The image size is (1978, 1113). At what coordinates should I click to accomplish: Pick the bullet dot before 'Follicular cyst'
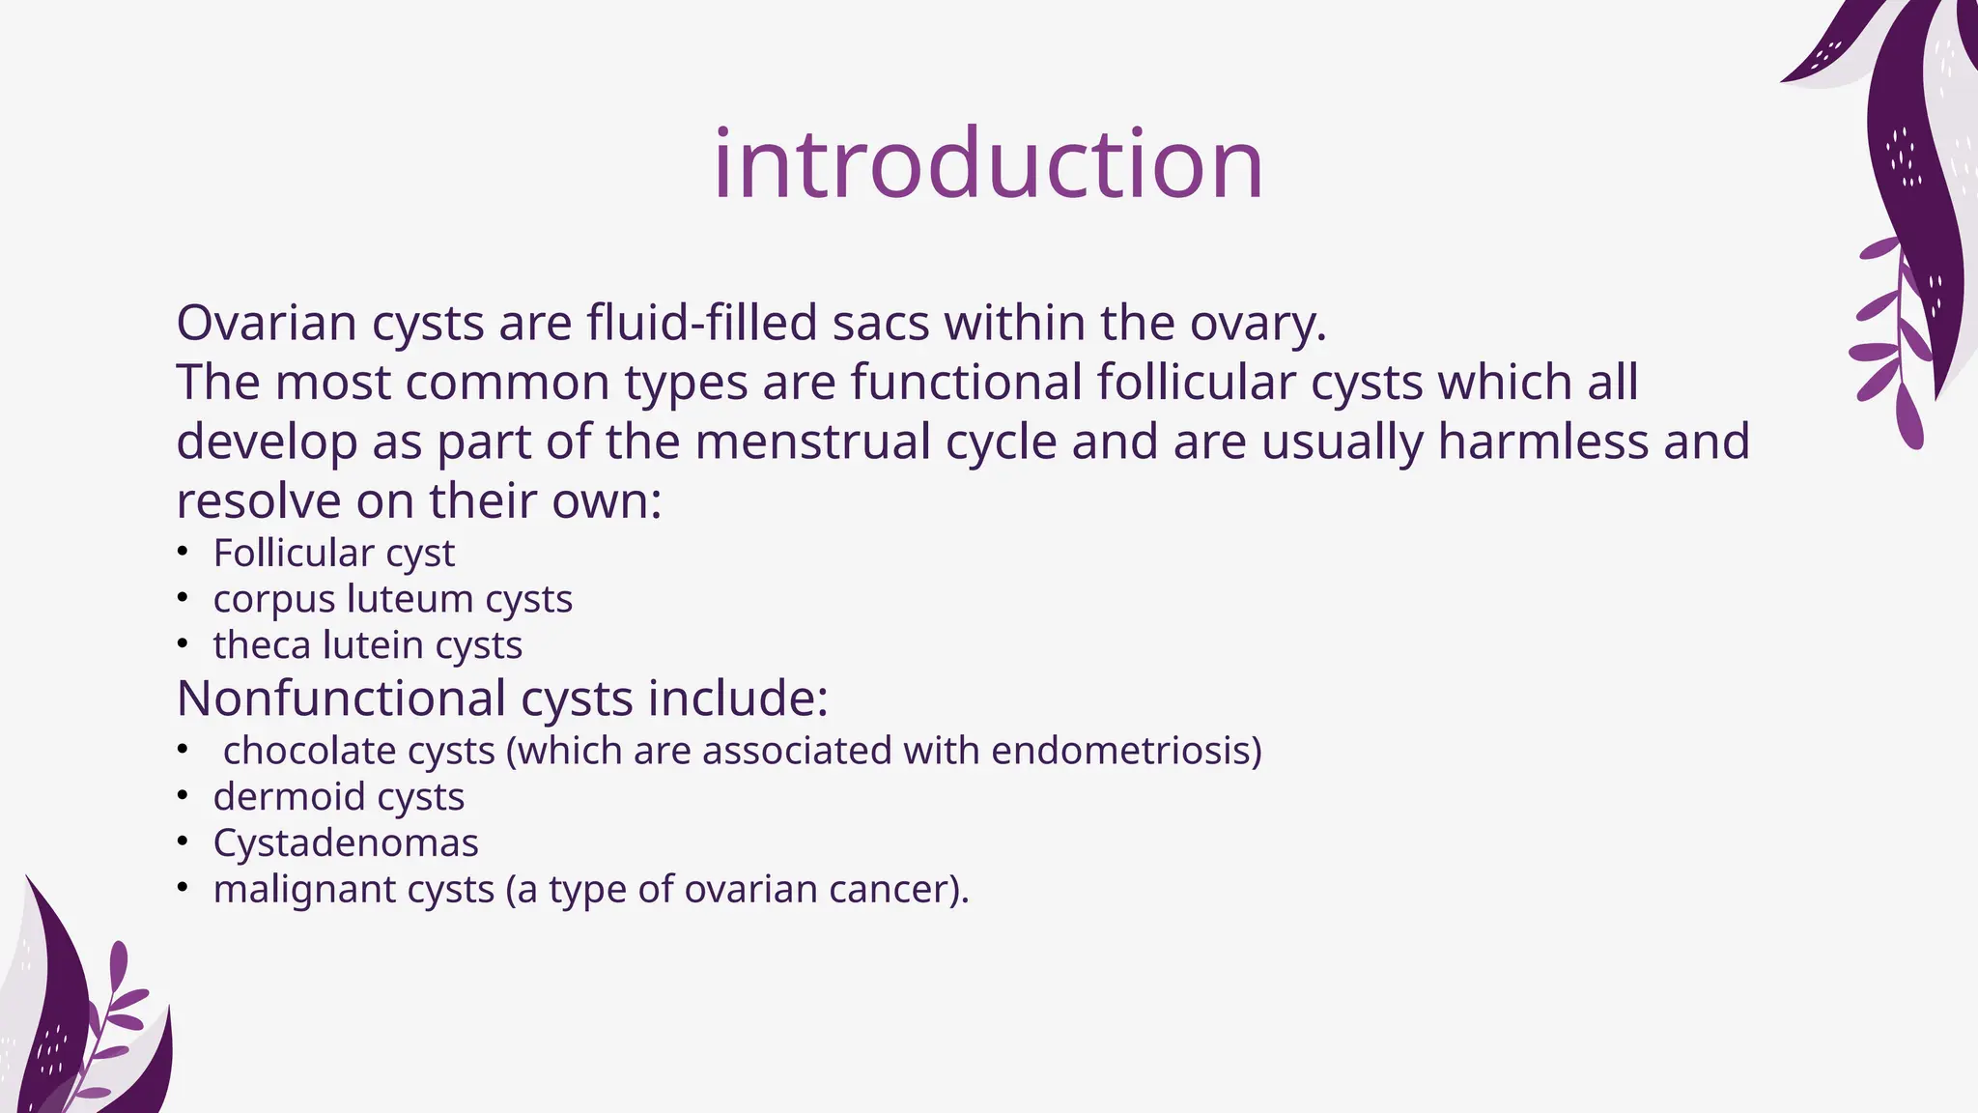tap(183, 552)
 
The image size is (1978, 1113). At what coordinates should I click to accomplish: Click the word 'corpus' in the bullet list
tap(273, 600)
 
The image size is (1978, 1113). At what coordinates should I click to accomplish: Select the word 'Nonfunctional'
tap(341, 698)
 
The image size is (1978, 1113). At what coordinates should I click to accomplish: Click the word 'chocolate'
tap(309, 751)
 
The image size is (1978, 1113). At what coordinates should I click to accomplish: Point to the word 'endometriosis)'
tap(1126, 751)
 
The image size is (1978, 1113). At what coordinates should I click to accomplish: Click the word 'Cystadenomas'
tap(346, 843)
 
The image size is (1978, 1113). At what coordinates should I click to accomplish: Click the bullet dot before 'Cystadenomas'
tap(183, 842)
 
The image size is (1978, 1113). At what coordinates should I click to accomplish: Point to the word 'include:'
tap(738, 698)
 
